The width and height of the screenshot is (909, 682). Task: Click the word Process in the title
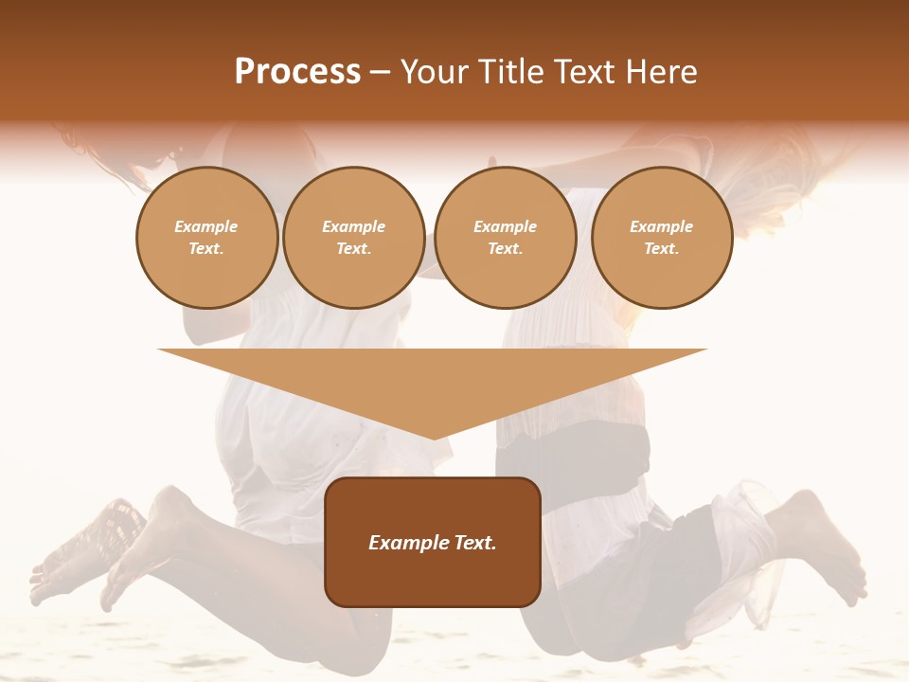pos(297,72)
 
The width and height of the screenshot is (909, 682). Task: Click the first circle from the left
pos(206,238)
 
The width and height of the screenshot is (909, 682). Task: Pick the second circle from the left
pos(353,238)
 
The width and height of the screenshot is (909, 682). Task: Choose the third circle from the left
pos(505,238)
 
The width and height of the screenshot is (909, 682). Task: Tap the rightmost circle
pos(661,238)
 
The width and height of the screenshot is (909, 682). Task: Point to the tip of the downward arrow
pos(433,438)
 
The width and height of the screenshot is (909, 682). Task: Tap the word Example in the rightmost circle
pos(661,226)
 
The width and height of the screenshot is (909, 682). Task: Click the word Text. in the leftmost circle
pos(206,249)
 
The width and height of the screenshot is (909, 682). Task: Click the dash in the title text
pos(381,72)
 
